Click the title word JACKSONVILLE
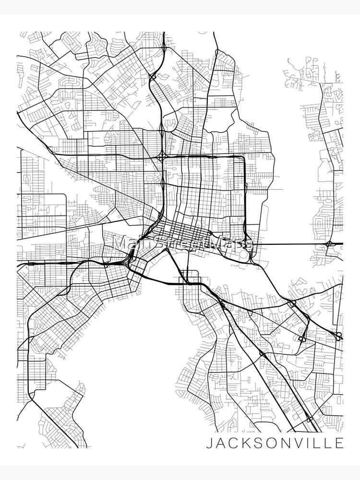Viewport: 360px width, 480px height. pos(275,443)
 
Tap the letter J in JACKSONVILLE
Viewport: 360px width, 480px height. pos(209,443)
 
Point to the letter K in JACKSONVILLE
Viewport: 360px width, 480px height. pos(244,443)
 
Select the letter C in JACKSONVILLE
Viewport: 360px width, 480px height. pos(233,443)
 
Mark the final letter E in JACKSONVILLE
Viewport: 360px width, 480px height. pos(339,443)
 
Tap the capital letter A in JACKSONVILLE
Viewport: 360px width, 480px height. pos(220,443)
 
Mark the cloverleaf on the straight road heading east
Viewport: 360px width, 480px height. pos(330,244)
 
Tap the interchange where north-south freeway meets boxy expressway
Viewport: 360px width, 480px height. pos(163,156)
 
